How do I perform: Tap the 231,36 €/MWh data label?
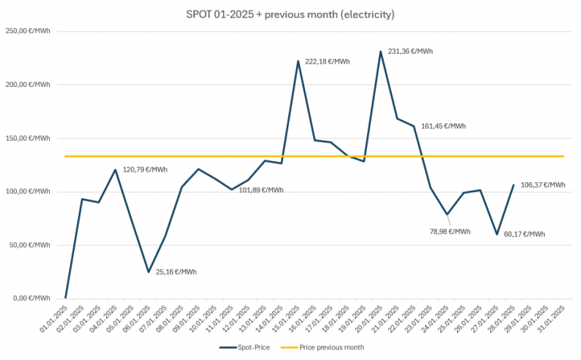(x=410, y=51)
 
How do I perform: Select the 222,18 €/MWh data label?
(x=327, y=61)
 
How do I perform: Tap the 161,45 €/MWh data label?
(x=443, y=126)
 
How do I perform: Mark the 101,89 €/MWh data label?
(x=261, y=190)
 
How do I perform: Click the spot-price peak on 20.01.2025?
(x=381, y=51)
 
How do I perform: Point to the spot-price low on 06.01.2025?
(x=148, y=272)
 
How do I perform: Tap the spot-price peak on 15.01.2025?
(x=298, y=61)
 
